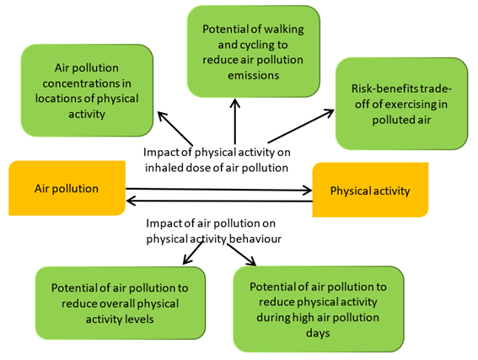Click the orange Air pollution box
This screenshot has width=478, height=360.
[x=67, y=188]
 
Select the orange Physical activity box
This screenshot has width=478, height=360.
[x=370, y=190]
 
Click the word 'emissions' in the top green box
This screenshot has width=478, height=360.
[x=253, y=75]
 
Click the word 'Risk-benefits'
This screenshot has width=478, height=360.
[x=384, y=89]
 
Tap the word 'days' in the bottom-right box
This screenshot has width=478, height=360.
[x=318, y=333]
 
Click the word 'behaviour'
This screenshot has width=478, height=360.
[x=255, y=239]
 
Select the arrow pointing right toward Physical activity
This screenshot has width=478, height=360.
[x=219, y=190]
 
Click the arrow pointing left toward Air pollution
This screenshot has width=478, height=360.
[x=219, y=201]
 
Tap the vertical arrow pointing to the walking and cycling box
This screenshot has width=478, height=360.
[x=234, y=121]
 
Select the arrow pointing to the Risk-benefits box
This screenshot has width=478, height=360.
[x=301, y=126]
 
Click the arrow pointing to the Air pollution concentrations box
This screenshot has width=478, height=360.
[x=175, y=129]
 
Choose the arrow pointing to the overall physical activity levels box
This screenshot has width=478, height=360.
[x=193, y=253]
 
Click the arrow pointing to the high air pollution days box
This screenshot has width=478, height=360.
[x=241, y=255]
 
